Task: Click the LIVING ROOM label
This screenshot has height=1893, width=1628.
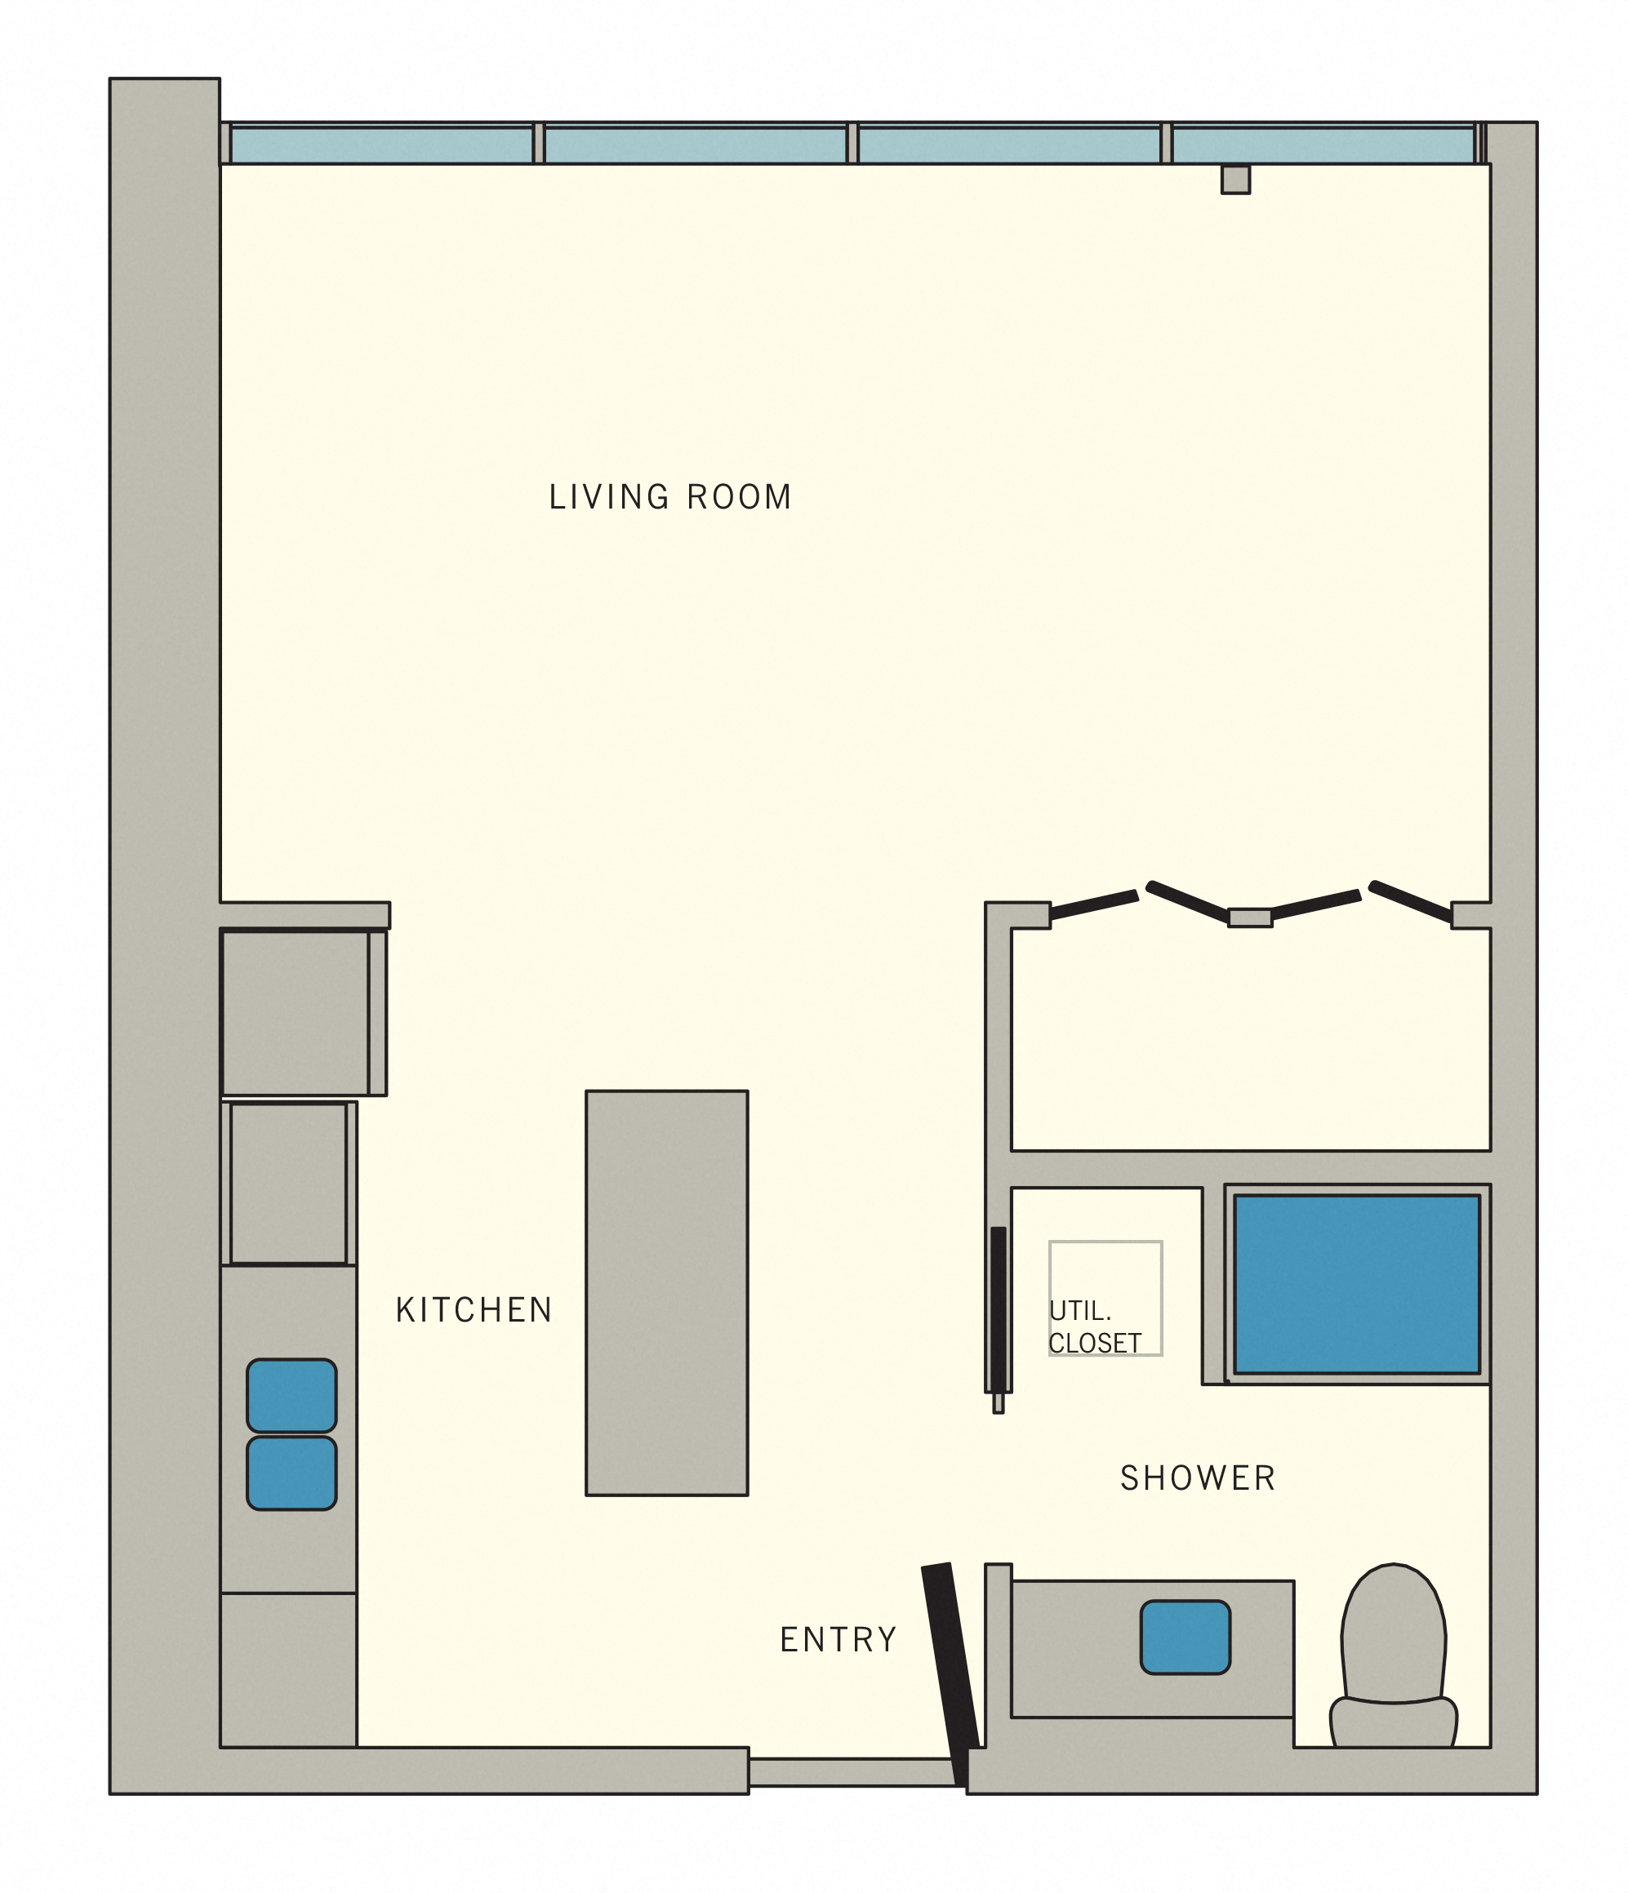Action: [x=669, y=497]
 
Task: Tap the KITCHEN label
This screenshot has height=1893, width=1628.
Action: [x=474, y=1310]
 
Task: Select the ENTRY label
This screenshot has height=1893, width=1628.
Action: [x=838, y=1640]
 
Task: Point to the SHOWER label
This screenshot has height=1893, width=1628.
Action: [x=1197, y=1478]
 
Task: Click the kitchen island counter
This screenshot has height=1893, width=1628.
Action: [x=666, y=1292]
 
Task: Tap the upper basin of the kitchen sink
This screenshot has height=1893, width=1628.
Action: [x=291, y=1395]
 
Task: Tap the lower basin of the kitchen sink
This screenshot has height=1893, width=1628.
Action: [x=291, y=1473]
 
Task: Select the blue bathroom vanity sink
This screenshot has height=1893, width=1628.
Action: [x=1185, y=1637]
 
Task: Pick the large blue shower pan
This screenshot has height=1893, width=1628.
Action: [x=1356, y=1283]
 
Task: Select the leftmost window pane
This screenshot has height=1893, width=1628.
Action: [x=381, y=145]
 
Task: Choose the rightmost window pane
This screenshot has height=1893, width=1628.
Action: [x=1322, y=145]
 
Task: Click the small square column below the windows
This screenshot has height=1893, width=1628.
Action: [x=1235, y=179]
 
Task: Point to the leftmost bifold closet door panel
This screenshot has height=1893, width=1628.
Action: [x=1093, y=904]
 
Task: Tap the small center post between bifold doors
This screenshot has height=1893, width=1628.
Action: [x=1249, y=918]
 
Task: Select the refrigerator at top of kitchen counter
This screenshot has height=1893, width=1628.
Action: [x=295, y=1011]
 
